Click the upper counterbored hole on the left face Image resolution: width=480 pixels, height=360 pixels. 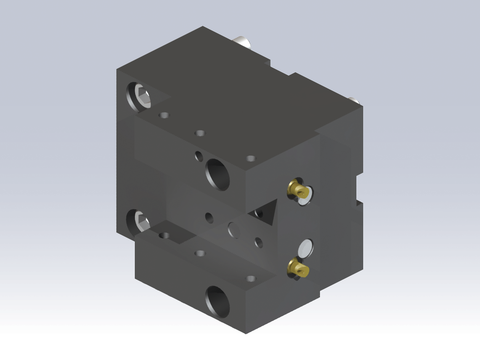point(138,98)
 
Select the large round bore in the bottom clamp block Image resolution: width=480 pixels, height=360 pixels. point(216,298)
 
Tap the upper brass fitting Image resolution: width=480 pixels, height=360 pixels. point(296,189)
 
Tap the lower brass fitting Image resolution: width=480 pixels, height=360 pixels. point(297,267)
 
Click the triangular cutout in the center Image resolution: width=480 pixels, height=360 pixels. point(267,211)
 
